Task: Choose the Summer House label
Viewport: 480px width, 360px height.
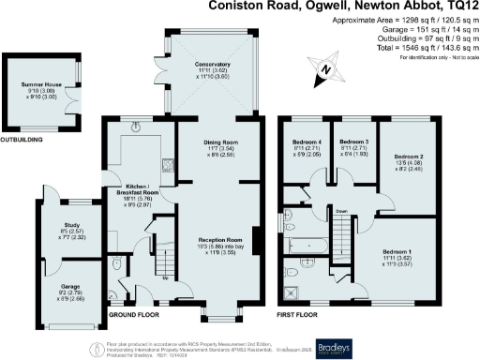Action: tap(41, 85)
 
